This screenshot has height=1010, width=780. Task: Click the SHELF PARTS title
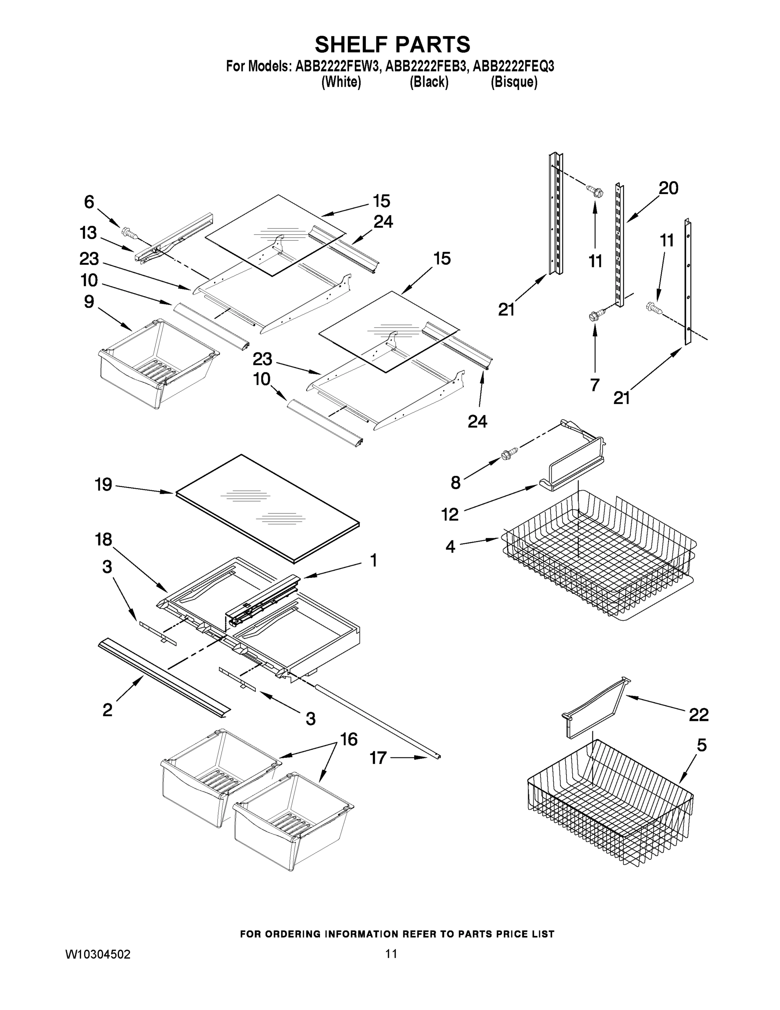(392, 45)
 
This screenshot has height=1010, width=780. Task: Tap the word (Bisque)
(514, 82)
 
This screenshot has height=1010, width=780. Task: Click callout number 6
(89, 202)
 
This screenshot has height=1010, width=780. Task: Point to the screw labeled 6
(129, 233)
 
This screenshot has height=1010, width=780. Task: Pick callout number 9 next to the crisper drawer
(89, 302)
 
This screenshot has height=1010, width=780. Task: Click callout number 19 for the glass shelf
(103, 485)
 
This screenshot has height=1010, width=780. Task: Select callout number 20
(668, 188)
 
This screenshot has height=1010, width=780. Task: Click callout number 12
(450, 514)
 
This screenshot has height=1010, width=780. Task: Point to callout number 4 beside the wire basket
(450, 547)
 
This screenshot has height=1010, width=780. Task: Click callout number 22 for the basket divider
(698, 715)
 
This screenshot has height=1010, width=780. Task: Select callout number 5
(701, 745)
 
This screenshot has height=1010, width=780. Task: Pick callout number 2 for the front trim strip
(107, 710)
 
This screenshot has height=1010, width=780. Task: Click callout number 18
(103, 539)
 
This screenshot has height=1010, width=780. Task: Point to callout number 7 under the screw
(595, 384)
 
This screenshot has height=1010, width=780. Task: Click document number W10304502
(98, 954)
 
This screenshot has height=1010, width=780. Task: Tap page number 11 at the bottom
(391, 954)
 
